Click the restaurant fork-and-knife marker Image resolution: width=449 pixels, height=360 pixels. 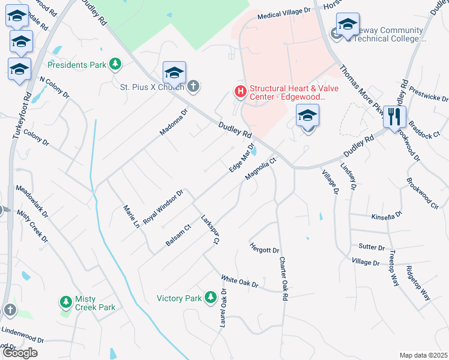point(394,116)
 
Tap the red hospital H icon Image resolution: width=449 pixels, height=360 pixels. point(240,91)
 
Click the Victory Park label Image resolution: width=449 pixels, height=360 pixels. point(179,298)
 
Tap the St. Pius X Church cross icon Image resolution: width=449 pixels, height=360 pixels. point(193,87)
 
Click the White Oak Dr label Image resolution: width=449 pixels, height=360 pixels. point(240,280)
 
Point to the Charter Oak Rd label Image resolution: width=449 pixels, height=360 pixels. point(283,279)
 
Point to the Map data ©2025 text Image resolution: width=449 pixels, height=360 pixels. point(423,355)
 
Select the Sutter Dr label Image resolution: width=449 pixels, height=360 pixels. point(371,247)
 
